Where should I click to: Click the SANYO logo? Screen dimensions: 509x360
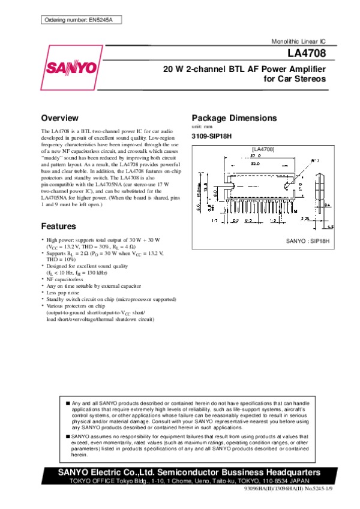(x=70, y=67)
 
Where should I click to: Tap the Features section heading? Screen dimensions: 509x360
(x=58, y=227)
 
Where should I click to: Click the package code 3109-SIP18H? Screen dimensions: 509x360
(x=212, y=137)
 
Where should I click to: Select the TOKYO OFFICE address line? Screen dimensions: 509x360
(x=189, y=481)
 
